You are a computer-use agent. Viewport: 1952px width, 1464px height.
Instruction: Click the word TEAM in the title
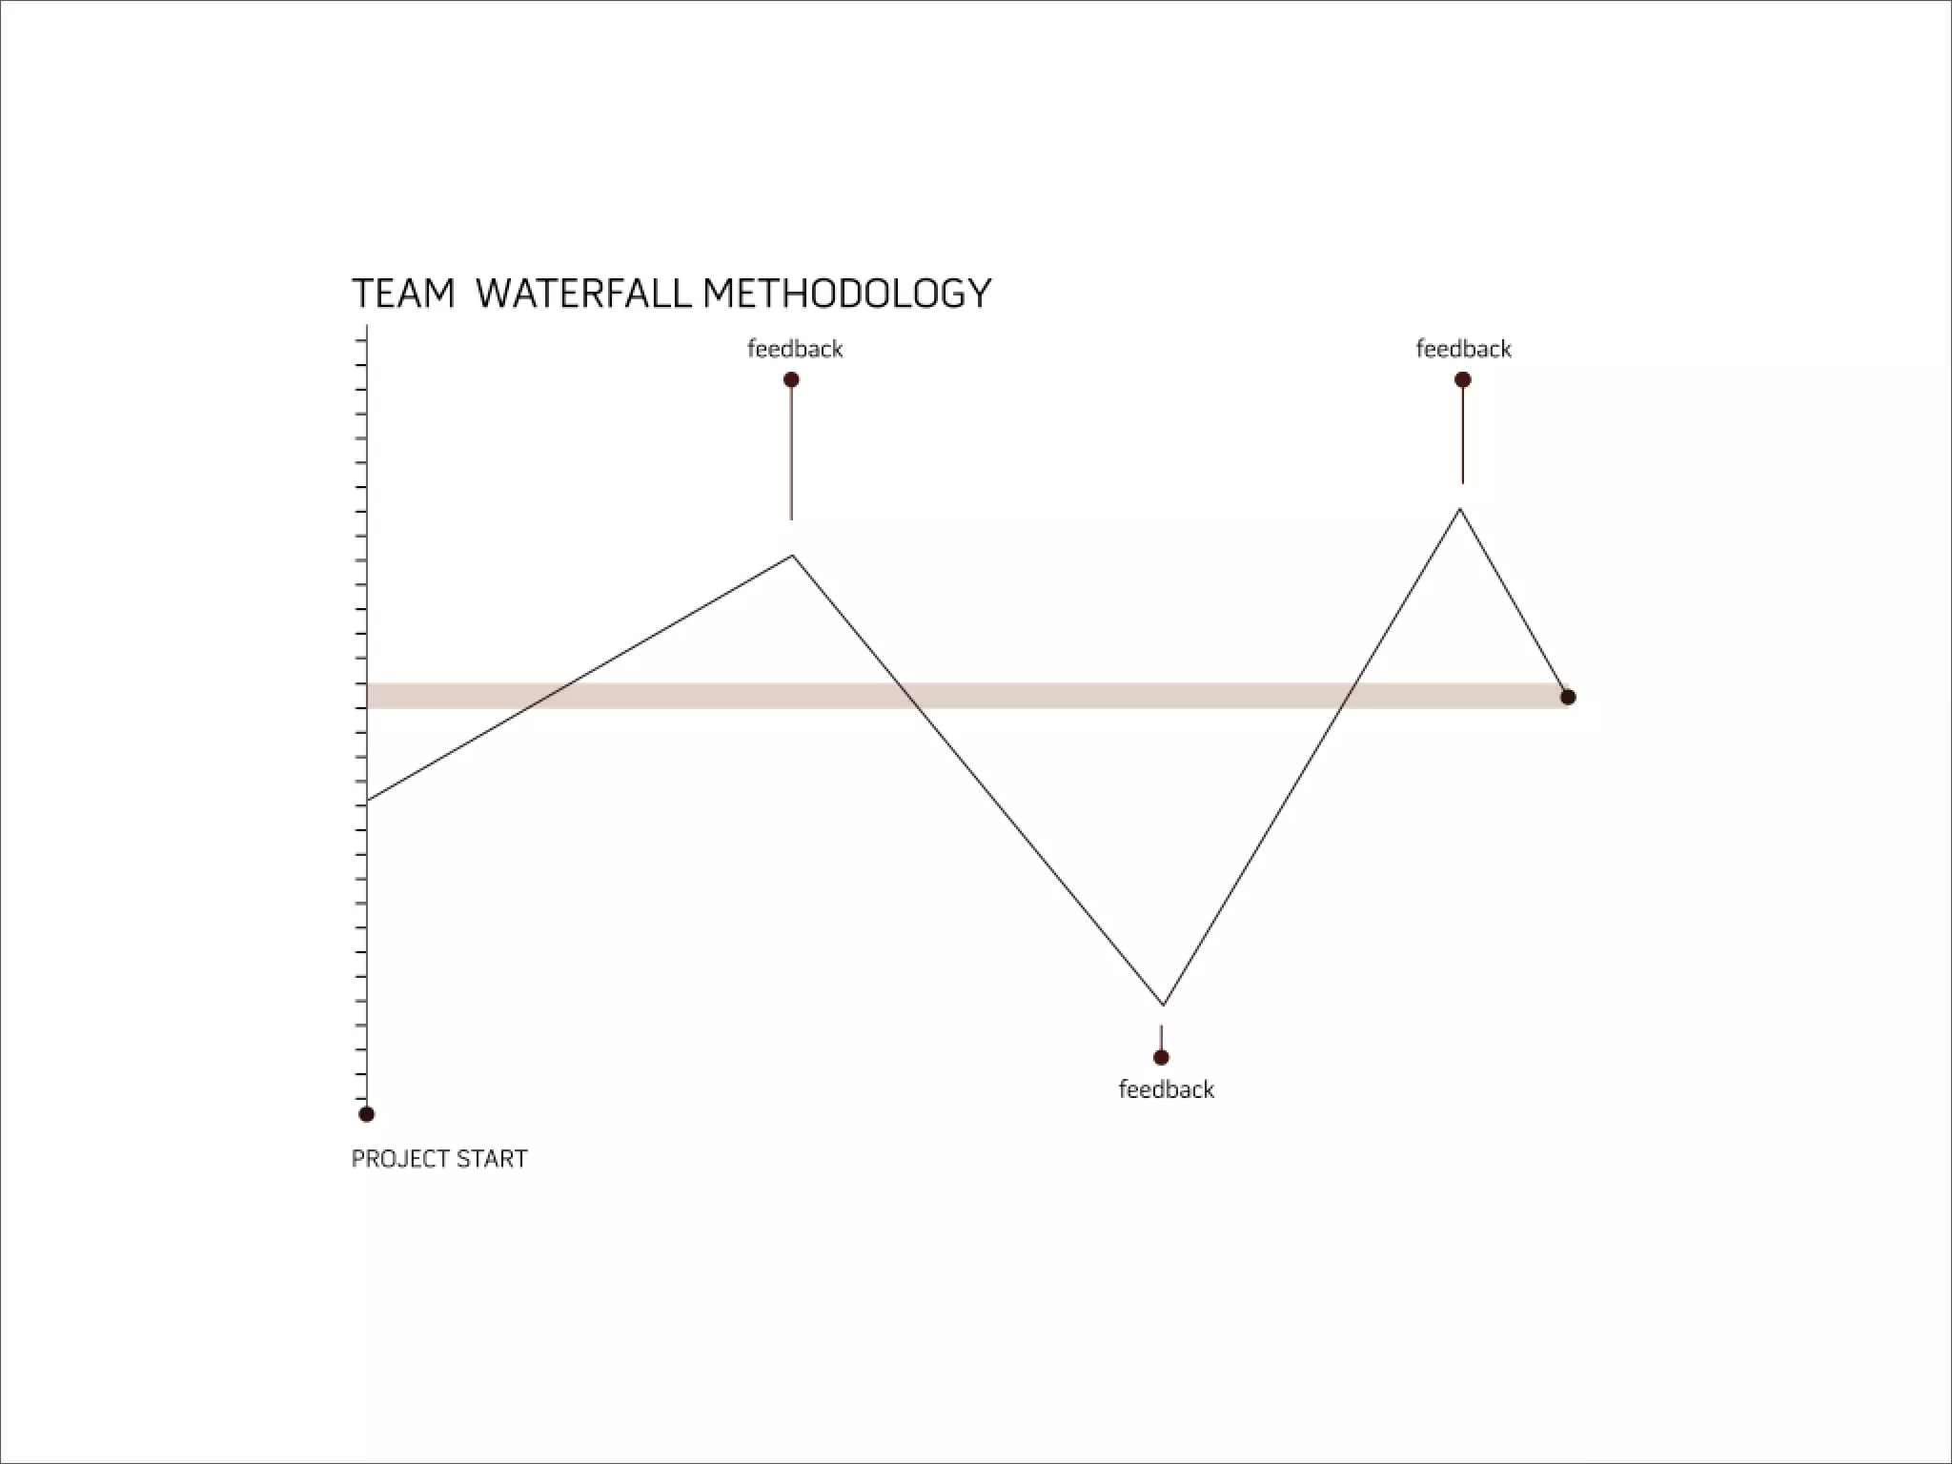coord(403,294)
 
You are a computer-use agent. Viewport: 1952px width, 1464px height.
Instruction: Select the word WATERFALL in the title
coord(582,294)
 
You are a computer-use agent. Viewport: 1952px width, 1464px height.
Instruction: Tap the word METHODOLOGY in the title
coord(847,294)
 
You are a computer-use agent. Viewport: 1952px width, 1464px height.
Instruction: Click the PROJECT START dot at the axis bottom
coord(366,1113)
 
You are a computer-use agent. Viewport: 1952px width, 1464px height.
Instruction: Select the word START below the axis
coord(492,1159)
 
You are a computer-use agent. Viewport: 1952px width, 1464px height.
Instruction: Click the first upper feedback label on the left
coord(795,349)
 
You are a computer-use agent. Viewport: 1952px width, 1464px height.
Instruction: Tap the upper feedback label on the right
coord(1463,349)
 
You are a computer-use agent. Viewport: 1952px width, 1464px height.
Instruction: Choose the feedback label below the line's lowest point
coord(1166,1089)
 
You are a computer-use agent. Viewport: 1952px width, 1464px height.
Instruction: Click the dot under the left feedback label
coord(791,379)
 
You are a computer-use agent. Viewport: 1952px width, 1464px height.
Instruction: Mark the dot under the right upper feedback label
coord(1463,379)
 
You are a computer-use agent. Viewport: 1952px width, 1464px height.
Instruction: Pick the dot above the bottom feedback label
coord(1161,1057)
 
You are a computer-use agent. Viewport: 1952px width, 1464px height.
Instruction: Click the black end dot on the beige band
coord(1568,697)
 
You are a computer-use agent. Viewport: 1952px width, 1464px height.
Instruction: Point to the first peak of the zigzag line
coord(792,555)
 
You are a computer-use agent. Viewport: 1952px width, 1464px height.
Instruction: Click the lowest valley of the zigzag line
coord(1163,1005)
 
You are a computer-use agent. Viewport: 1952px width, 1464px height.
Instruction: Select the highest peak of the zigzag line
coord(1459,509)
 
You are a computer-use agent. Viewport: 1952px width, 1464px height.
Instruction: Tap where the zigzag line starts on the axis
coord(368,799)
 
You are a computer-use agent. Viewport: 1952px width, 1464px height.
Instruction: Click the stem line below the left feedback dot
coord(791,453)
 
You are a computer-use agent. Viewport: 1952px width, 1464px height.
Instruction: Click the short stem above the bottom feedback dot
coord(1161,1037)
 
